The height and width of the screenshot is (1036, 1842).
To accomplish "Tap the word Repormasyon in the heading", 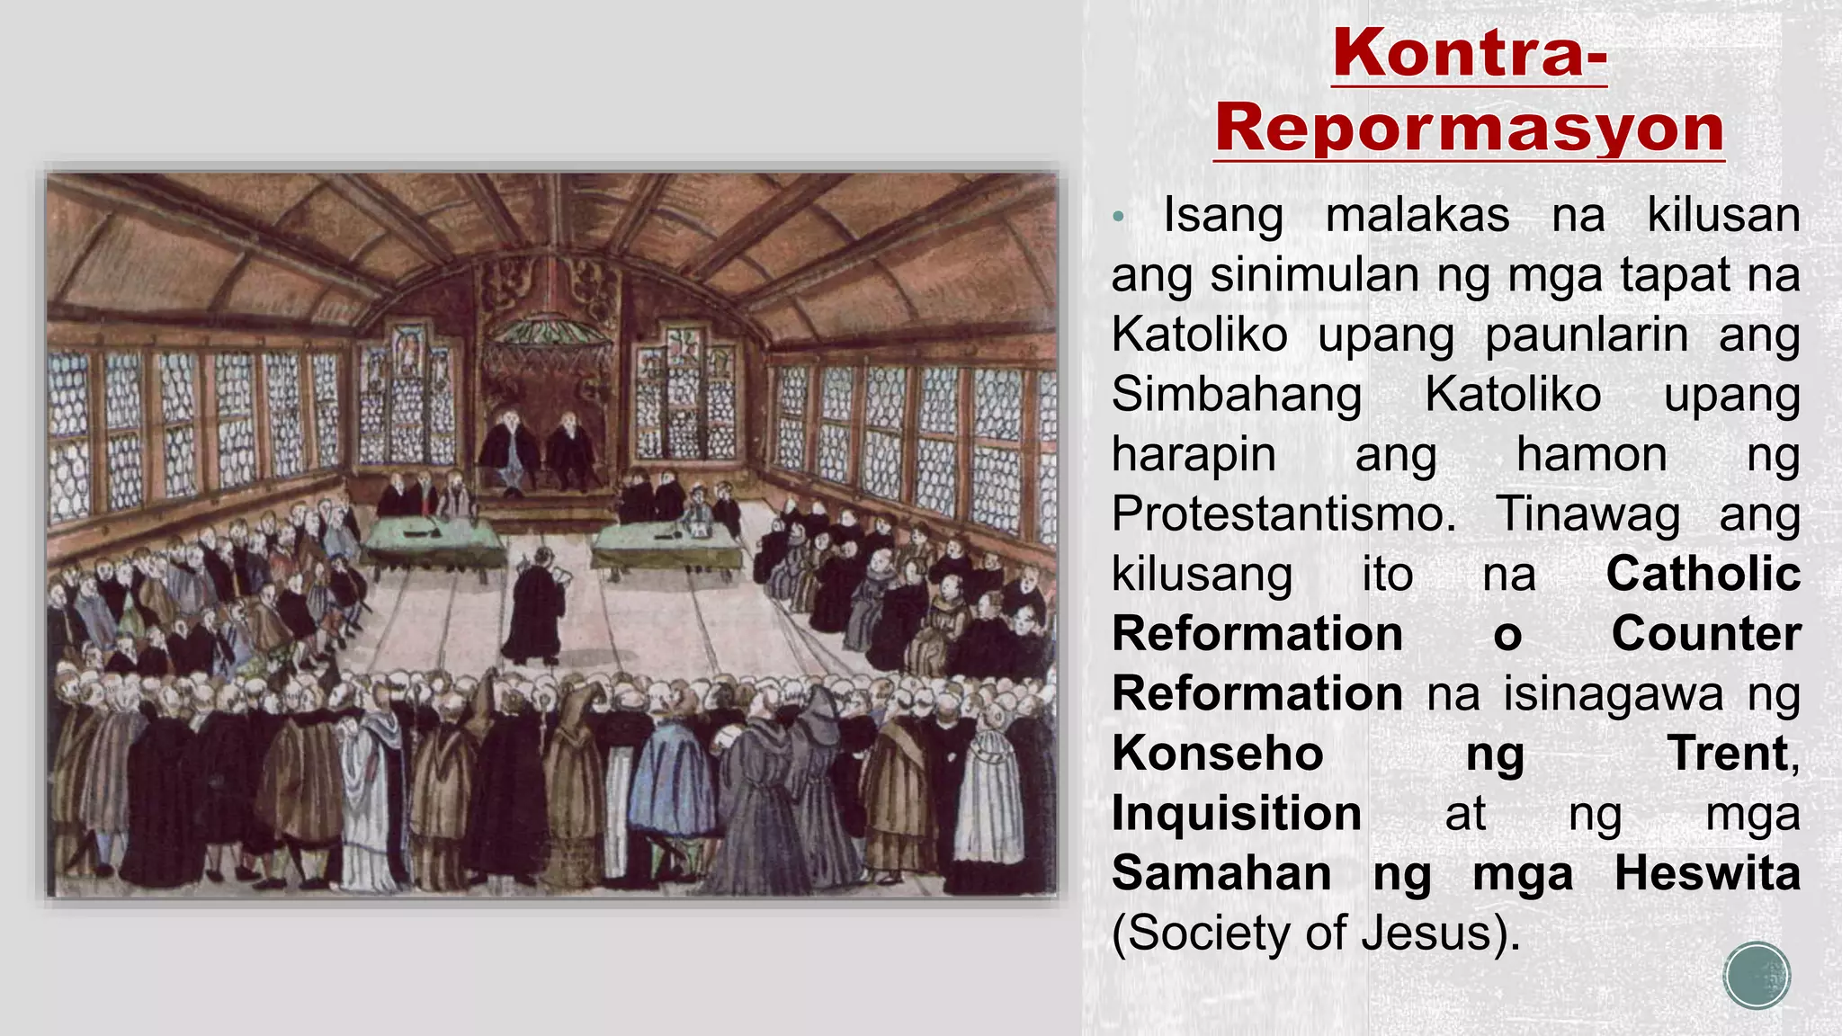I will pyautogui.click(x=1470, y=129).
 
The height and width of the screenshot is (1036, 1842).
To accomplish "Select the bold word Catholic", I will pyautogui.click(x=1703, y=574).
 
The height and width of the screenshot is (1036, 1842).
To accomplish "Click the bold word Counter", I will pyautogui.click(x=1705, y=634).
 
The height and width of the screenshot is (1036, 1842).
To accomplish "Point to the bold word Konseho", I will pyautogui.click(x=1218, y=754).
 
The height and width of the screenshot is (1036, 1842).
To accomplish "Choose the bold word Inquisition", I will pyautogui.click(x=1237, y=814).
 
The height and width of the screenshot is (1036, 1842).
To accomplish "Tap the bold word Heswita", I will pyautogui.click(x=1706, y=873).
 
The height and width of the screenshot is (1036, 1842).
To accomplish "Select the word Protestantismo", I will pyautogui.click(x=1283, y=514).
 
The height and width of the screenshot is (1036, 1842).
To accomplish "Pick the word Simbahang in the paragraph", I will pyautogui.click(x=1237, y=395).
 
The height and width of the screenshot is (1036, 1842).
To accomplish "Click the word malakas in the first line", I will pyautogui.click(x=1417, y=216).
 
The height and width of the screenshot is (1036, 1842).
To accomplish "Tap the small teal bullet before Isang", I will pyautogui.click(x=1118, y=217).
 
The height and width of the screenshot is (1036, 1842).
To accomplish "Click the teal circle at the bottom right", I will pyautogui.click(x=1757, y=975).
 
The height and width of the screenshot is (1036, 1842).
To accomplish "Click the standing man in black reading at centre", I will pyautogui.click(x=536, y=608).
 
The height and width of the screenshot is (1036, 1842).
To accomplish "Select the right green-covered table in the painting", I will pyautogui.click(x=666, y=543).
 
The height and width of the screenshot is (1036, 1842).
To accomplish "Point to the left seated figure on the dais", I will pyautogui.click(x=509, y=450).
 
